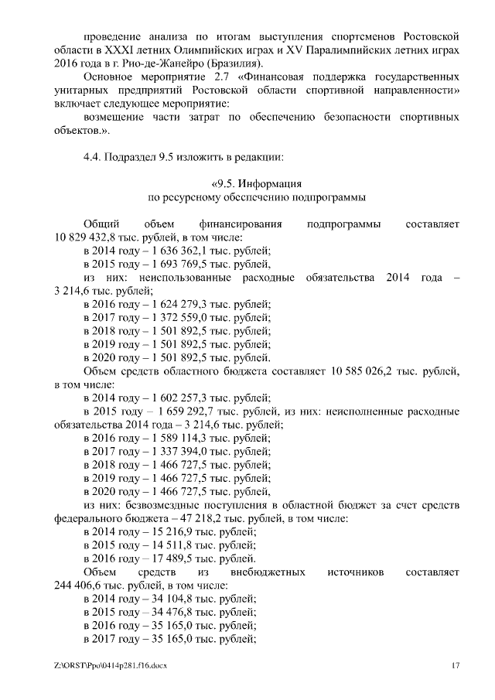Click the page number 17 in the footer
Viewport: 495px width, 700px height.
(456, 666)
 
